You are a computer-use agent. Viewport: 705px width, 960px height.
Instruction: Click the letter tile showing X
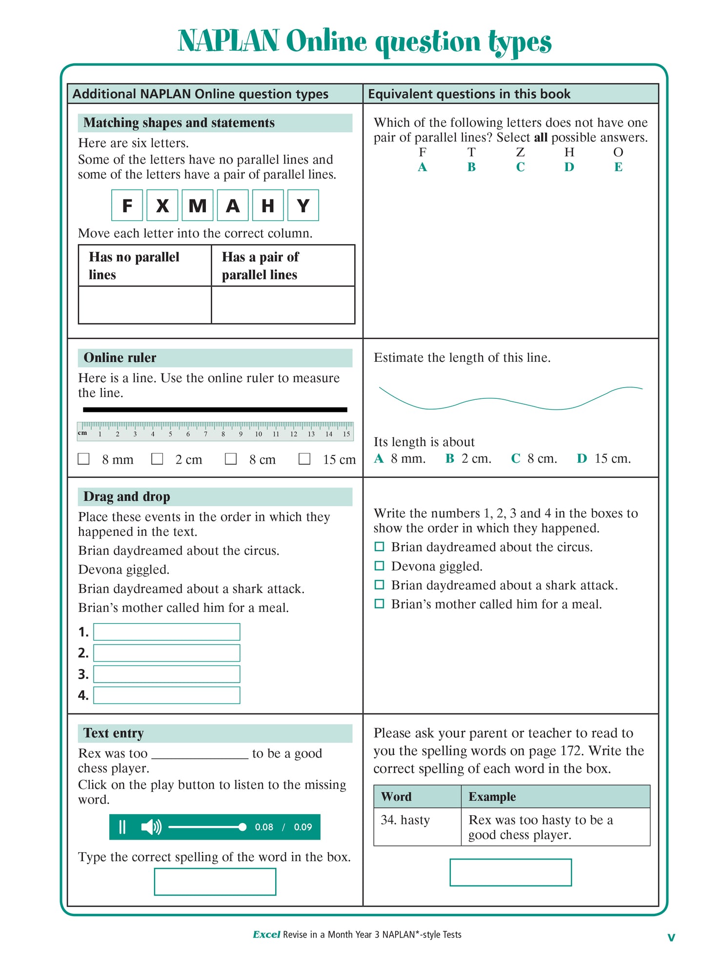[162, 205]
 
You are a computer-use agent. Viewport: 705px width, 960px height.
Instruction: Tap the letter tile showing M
[198, 205]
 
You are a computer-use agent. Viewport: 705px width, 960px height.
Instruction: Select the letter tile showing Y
[303, 205]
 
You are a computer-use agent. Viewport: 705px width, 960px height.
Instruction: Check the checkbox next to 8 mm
[84, 459]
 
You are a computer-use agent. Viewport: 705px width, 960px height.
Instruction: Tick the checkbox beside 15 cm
[304, 459]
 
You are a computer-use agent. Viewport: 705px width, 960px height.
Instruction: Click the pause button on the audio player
[122, 827]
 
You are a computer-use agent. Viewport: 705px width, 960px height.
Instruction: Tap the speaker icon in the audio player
[151, 827]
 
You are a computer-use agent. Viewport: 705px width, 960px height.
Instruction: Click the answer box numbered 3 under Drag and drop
[166, 674]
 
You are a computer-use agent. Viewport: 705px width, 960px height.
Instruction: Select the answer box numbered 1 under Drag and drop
[166, 632]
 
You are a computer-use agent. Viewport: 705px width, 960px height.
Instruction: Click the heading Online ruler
[120, 358]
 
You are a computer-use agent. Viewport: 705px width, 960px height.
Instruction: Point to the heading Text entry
[114, 733]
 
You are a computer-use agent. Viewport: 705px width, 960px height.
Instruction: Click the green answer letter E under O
[618, 167]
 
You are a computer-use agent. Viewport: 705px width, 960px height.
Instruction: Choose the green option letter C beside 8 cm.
[516, 458]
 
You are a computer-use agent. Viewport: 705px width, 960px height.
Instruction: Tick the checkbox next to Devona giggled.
[379, 566]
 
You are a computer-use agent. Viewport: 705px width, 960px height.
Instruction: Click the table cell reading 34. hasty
[405, 820]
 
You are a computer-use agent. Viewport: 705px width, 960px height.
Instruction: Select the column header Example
[492, 797]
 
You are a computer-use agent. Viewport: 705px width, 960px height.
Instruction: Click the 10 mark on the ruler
[259, 433]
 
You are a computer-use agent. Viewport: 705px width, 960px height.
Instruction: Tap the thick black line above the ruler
[215, 410]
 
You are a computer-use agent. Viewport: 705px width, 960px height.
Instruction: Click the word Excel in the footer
[266, 935]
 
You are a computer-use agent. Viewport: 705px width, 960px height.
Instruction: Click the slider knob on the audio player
[242, 827]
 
